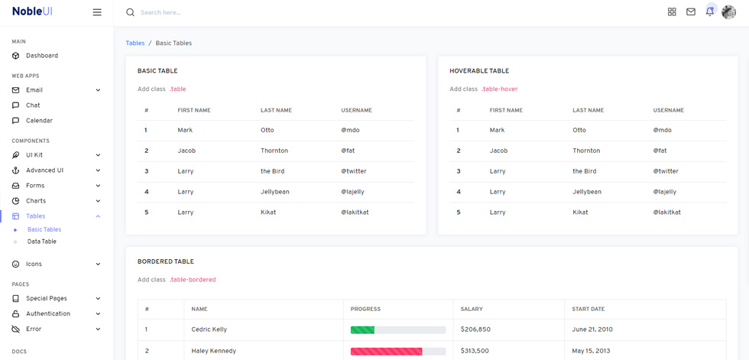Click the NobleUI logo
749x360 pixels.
tap(32, 12)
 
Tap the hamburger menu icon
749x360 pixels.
tap(97, 12)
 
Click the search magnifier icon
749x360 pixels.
tap(130, 12)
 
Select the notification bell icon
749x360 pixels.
tap(710, 12)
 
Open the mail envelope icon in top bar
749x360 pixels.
tap(691, 12)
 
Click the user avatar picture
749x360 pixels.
tap(728, 12)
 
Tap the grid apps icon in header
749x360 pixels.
tap(672, 12)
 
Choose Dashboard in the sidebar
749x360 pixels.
tap(42, 55)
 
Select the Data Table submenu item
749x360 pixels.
tap(41, 242)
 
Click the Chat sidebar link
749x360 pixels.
tap(33, 105)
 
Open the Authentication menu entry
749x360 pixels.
tap(47, 313)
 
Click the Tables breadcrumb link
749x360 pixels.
tap(135, 43)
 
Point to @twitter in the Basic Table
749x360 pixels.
tap(354, 171)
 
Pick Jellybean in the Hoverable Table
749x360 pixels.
tap(587, 192)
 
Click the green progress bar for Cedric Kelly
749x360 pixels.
tap(362, 330)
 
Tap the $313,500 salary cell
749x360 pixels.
tap(475, 351)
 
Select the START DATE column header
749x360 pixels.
tap(588, 309)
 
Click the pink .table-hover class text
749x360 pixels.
tap(499, 89)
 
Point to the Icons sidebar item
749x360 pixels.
tap(34, 264)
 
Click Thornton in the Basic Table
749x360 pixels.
tap(274, 151)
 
